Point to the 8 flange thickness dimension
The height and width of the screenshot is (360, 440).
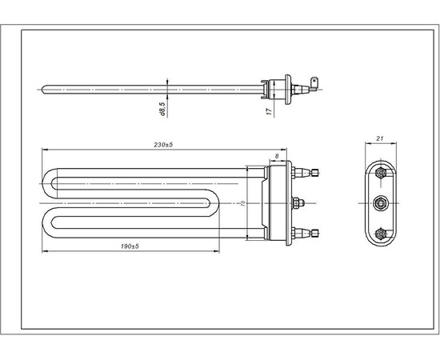[x=277, y=157]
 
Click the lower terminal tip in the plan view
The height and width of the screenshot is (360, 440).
[x=318, y=234]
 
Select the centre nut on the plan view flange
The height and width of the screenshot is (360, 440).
[x=298, y=202]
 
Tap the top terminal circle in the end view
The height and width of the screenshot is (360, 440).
[x=380, y=171]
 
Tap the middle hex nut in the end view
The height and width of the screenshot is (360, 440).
[x=380, y=202]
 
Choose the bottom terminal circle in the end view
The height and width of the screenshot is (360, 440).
[x=380, y=233]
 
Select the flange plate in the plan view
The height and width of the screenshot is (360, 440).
[x=278, y=202]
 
